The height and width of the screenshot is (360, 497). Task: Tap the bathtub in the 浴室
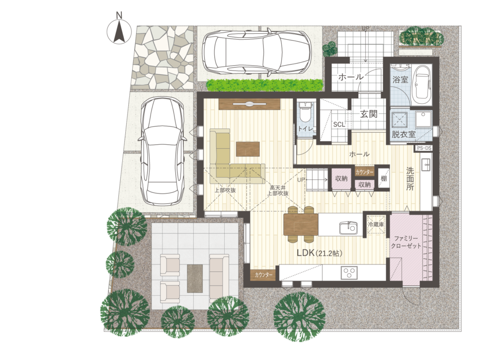pyautogui.click(x=421, y=83)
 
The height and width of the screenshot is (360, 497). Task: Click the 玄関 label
pyautogui.click(x=369, y=114)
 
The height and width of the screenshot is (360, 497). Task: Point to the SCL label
pyautogui.click(x=339, y=125)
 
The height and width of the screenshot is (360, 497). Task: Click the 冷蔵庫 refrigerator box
pyautogui.click(x=376, y=224)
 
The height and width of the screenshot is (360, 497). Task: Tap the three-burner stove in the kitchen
pyautogui.click(x=349, y=272)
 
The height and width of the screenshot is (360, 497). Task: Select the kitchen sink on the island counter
pyautogui.click(x=348, y=227)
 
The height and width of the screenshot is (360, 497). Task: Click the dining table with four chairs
pyautogui.click(x=301, y=224)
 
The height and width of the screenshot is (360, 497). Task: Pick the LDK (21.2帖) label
pyautogui.click(x=320, y=253)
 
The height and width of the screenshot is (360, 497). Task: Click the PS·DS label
pyautogui.click(x=424, y=148)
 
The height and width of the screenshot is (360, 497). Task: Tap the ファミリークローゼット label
pyautogui.click(x=406, y=242)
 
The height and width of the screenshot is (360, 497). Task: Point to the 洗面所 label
pyautogui.click(x=410, y=179)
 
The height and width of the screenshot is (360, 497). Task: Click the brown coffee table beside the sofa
pyautogui.click(x=248, y=149)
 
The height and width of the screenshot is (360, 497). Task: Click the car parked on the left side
pyautogui.click(x=162, y=152)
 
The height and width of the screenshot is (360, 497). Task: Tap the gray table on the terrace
pyautogui.click(x=195, y=278)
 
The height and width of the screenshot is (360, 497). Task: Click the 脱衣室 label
pyautogui.click(x=404, y=134)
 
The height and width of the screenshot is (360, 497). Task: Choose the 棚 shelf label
pyautogui.click(x=384, y=178)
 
